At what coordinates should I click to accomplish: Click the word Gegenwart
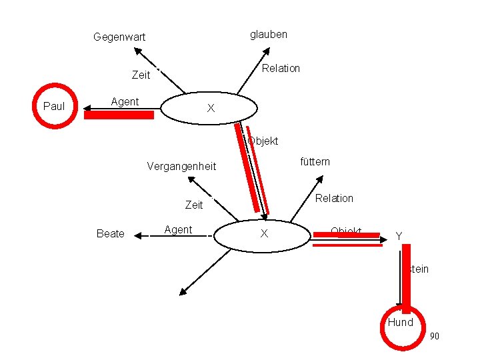119,37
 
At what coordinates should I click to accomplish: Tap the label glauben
269,34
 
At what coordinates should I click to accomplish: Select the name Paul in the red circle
54,106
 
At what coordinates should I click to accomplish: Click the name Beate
110,233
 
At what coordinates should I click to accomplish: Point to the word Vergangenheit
181,166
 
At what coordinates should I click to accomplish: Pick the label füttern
315,161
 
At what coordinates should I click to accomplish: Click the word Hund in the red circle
401,323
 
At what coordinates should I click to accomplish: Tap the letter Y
399,235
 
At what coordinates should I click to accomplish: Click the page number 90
434,336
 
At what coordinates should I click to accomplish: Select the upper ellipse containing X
209,107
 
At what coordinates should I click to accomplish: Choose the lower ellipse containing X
264,233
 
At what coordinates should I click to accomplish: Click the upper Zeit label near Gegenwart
141,75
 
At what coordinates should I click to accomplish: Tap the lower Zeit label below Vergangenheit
194,205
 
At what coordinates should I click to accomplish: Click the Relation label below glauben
281,68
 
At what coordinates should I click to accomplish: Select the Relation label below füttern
334,198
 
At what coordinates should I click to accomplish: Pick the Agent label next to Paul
125,102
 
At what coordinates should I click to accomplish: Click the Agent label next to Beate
178,230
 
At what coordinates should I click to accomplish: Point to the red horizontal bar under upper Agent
119,115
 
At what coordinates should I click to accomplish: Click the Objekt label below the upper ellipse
263,141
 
